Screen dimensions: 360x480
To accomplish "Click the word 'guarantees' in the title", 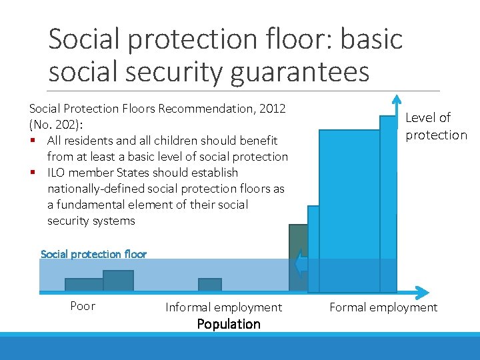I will point(299,71).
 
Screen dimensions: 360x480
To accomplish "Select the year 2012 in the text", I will point(277,108).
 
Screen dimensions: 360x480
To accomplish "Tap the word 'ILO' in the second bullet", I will point(58,173).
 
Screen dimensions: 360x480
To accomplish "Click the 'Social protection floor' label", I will point(93,254).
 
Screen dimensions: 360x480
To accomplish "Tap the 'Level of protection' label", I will point(436,126).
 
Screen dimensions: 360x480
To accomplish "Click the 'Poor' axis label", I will point(83,306).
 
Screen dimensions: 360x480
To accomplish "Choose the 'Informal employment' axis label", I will point(223,307).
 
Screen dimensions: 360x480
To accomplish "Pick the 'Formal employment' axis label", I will point(383,307).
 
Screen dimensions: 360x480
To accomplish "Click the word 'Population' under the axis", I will point(229,324).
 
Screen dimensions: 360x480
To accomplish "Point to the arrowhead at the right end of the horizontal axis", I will point(421,292).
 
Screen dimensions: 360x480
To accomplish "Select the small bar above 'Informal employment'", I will point(210,285).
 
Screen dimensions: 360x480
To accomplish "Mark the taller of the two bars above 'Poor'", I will point(119,281).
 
